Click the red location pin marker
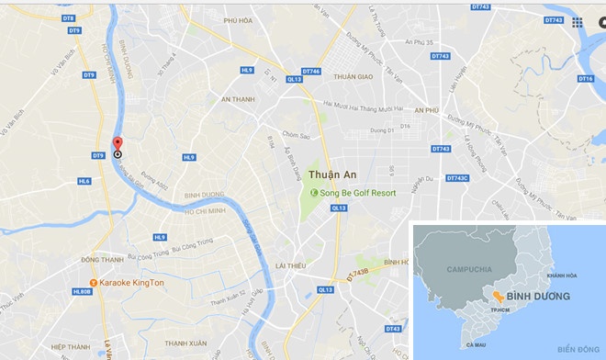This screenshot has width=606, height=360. pos(117,145)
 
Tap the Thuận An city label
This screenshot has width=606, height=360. pos(331,174)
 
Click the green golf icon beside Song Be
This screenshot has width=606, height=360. pos(314,193)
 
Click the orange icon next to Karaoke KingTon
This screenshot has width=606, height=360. pos(92,283)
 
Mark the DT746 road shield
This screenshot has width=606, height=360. pos(311,71)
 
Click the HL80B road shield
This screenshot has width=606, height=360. pos(80,291)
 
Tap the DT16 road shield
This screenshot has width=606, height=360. pos(585,79)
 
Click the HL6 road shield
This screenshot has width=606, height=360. pos(84,181)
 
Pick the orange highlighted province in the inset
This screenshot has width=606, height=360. pos(496,297)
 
